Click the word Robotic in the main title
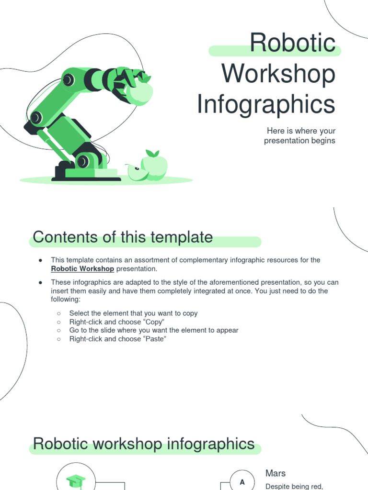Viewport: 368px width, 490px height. pyautogui.click(x=292, y=44)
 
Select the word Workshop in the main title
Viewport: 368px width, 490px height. pyautogui.click(x=278, y=74)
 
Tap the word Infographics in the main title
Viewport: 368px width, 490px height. pyautogui.click(x=266, y=105)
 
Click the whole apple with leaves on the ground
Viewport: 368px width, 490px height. pyautogui.click(x=154, y=165)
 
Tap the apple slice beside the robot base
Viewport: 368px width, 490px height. pyautogui.click(x=137, y=172)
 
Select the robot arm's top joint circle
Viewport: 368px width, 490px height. pyautogui.click(x=69, y=79)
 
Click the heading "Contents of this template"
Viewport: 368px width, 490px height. pyautogui.click(x=123, y=237)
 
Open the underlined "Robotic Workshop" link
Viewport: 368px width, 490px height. pyautogui.click(x=82, y=269)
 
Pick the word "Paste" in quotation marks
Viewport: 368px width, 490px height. pyautogui.click(x=152, y=339)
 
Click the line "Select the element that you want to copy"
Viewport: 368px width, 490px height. pyautogui.click(x=133, y=313)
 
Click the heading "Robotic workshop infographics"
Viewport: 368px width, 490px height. pyautogui.click(x=143, y=444)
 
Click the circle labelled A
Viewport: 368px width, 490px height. pyautogui.click(x=242, y=482)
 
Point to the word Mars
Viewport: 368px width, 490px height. pyautogui.click(x=276, y=473)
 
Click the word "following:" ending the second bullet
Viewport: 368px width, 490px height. pyautogui.click(x=66, y=299)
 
